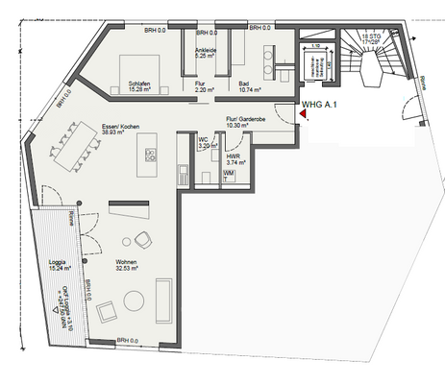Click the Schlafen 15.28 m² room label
click(143, 87)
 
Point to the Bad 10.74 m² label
click(252, 87)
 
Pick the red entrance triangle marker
click(302, 114)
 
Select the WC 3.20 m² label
click(205, 145)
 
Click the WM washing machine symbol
click(229, 172)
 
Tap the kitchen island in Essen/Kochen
click(148, 148)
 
